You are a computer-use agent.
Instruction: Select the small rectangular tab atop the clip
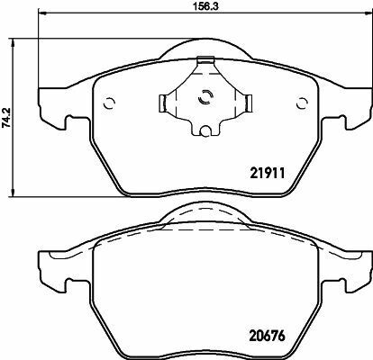click(205, 62)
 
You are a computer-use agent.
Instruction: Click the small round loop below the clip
click(205, 136)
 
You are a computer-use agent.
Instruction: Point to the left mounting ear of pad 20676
click(50, 268)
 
